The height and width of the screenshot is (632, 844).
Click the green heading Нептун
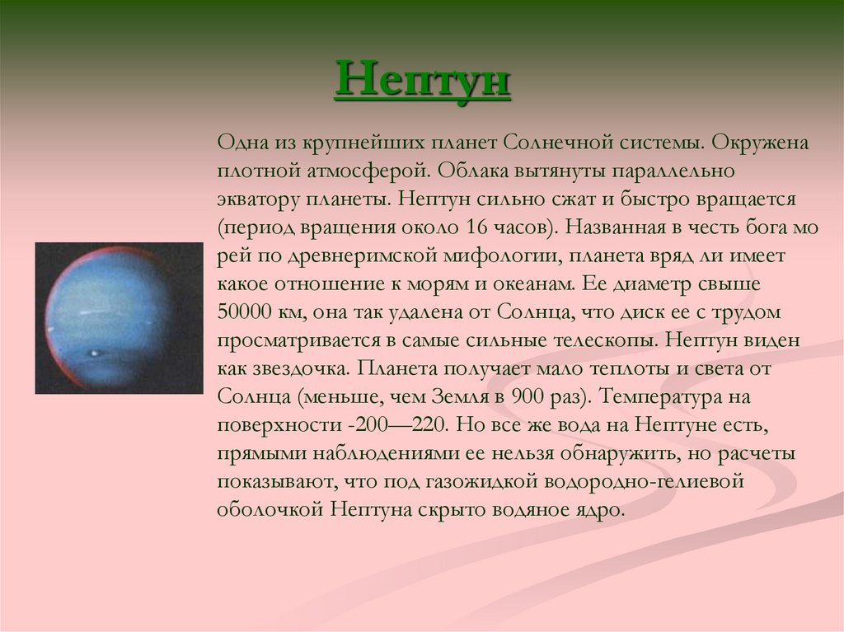(423, 81)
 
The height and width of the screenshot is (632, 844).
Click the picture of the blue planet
(119, 317)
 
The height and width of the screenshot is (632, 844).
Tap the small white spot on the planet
(96, 353)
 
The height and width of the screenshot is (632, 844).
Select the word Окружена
(760, 143)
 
